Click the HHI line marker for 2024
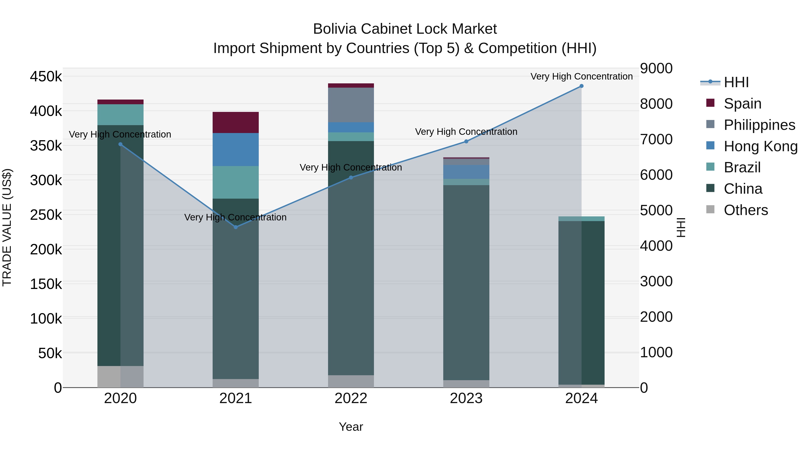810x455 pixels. [x=581, y=86]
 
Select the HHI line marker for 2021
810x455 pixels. [x=236, y=227]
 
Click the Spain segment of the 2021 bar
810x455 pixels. [x=236, y=122]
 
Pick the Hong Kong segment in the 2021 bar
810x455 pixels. [x=236, y=149]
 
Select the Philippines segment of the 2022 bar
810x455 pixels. [x=351, y=105]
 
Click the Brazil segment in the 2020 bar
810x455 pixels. [x=120, y=115]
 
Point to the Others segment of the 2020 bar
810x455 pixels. [x=120, y=377]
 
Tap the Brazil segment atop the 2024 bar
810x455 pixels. [x=581, y=219]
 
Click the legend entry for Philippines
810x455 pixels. [x=759, y=125]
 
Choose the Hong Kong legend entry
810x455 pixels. [x=760, y=146]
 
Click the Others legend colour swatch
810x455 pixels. [x=710, y=209]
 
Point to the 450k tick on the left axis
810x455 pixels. [x=46, y=76]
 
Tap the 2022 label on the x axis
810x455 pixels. [x=351, y=398]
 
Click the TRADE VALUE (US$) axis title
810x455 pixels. [x=7, y=227]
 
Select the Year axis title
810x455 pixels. [x=351, y=427]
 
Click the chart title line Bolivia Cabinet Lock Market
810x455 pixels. [x=405, y=29]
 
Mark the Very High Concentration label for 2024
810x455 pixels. [x=581, y=76]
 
